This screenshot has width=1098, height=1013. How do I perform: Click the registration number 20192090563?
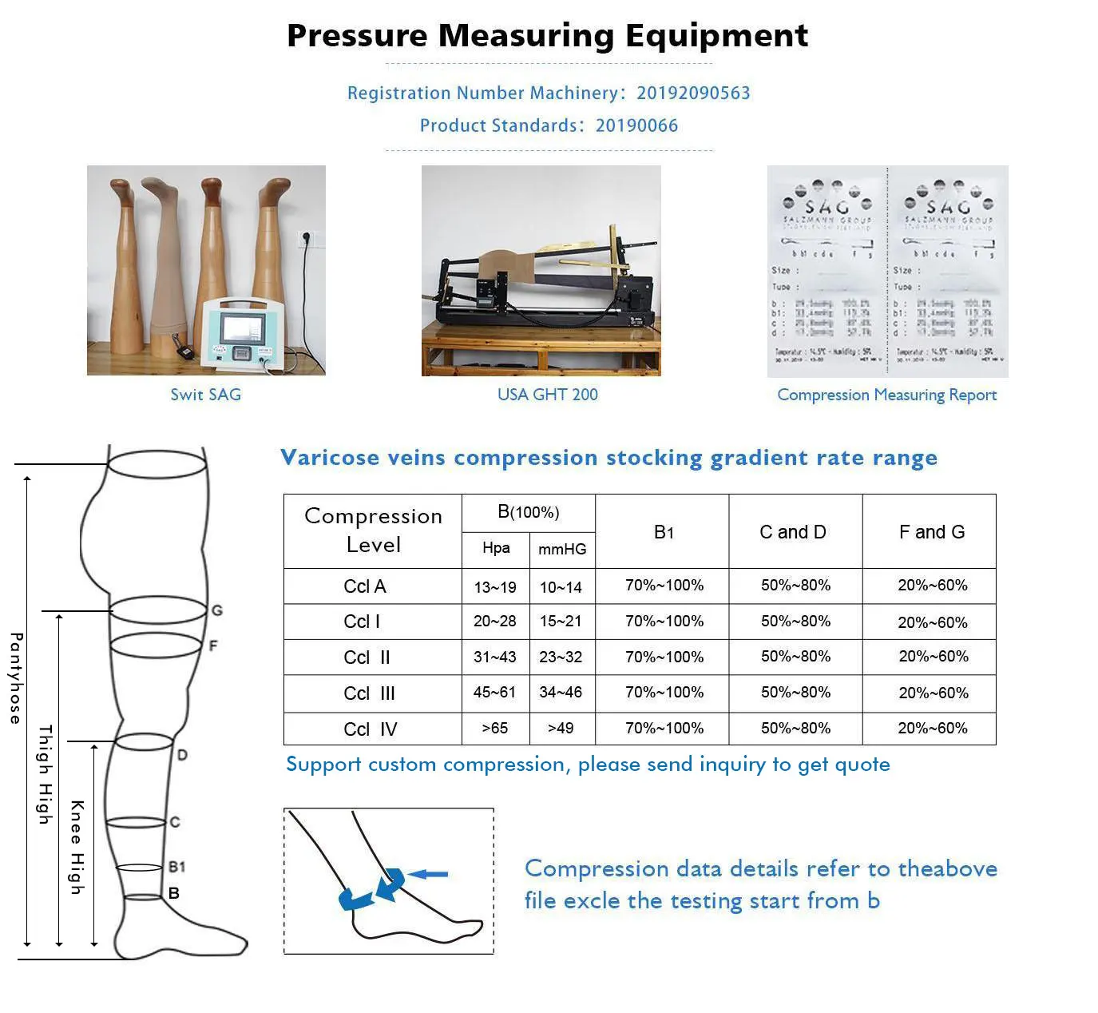(x=693, y=93)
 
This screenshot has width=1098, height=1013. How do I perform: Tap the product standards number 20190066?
(x=636, y=125)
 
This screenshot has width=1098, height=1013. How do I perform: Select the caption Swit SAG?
(x=205, y=395)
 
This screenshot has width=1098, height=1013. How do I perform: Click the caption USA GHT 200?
(x=547, y=395)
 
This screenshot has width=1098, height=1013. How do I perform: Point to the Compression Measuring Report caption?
(x=886, y=395)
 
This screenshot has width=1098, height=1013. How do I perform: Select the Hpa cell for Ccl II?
(x=494, y=657)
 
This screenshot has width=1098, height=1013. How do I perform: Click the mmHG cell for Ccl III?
(x=561, y=692)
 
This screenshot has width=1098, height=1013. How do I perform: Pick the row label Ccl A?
(x=365, y=586)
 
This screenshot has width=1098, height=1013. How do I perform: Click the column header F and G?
(x=931, y=532)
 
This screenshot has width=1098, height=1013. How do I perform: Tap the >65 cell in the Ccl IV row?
(x=494, y=728)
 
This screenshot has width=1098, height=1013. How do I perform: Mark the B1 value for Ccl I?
(x=664, y=621)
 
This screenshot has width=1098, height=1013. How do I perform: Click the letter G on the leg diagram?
(x=216, y=611)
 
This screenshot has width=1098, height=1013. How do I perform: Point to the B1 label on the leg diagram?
(x=177, y=867)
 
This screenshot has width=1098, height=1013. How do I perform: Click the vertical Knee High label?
(x=77, y=847)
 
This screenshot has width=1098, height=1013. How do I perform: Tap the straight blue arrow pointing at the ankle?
(x=429, y=875)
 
